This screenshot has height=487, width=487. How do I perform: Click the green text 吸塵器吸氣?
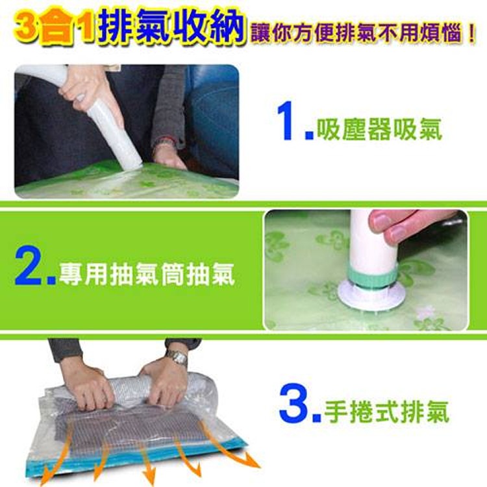379,129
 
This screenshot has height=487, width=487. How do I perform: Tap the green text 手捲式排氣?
386,411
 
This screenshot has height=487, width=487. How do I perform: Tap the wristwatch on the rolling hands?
176,356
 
